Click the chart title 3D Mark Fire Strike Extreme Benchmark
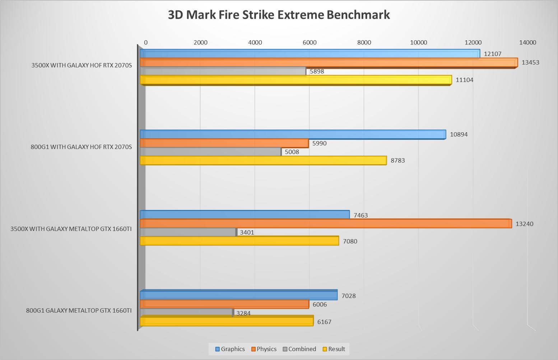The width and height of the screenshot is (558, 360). (279, 15)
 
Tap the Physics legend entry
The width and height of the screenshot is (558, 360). (264, 349)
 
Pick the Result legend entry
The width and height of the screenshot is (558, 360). (334, 349)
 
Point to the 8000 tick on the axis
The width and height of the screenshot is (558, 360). (364, 42)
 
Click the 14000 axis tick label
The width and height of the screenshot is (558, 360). (527, 42)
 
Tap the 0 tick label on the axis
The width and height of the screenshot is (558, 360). (145, 42)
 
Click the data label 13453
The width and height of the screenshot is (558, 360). (530, 62)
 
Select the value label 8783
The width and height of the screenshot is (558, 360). (397, 160)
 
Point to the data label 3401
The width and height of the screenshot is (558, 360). (247, 233)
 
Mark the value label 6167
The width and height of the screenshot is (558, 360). (324, 322)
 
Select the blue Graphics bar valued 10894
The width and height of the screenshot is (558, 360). (293, 135)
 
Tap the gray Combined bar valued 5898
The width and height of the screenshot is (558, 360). (223, 71)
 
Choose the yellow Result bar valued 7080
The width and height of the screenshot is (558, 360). (239, 241)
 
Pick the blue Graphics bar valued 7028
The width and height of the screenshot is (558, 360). (238, 295)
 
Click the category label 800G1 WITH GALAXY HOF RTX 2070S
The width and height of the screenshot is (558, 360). (81, 147)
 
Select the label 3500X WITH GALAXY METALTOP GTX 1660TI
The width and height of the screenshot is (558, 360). (71, 229)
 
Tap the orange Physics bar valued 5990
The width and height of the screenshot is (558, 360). (224, 143)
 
